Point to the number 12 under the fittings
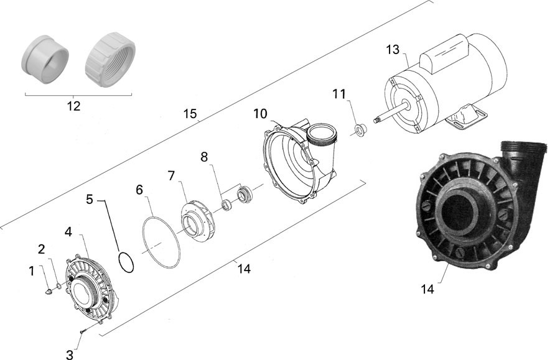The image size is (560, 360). click(x=73, y=106)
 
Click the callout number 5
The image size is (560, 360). click(x=90, y=200)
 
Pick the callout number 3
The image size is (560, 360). click(x=69, y=355)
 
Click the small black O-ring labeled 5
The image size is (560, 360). click(x=126, y=262)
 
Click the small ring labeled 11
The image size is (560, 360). click(x=358, y=131)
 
